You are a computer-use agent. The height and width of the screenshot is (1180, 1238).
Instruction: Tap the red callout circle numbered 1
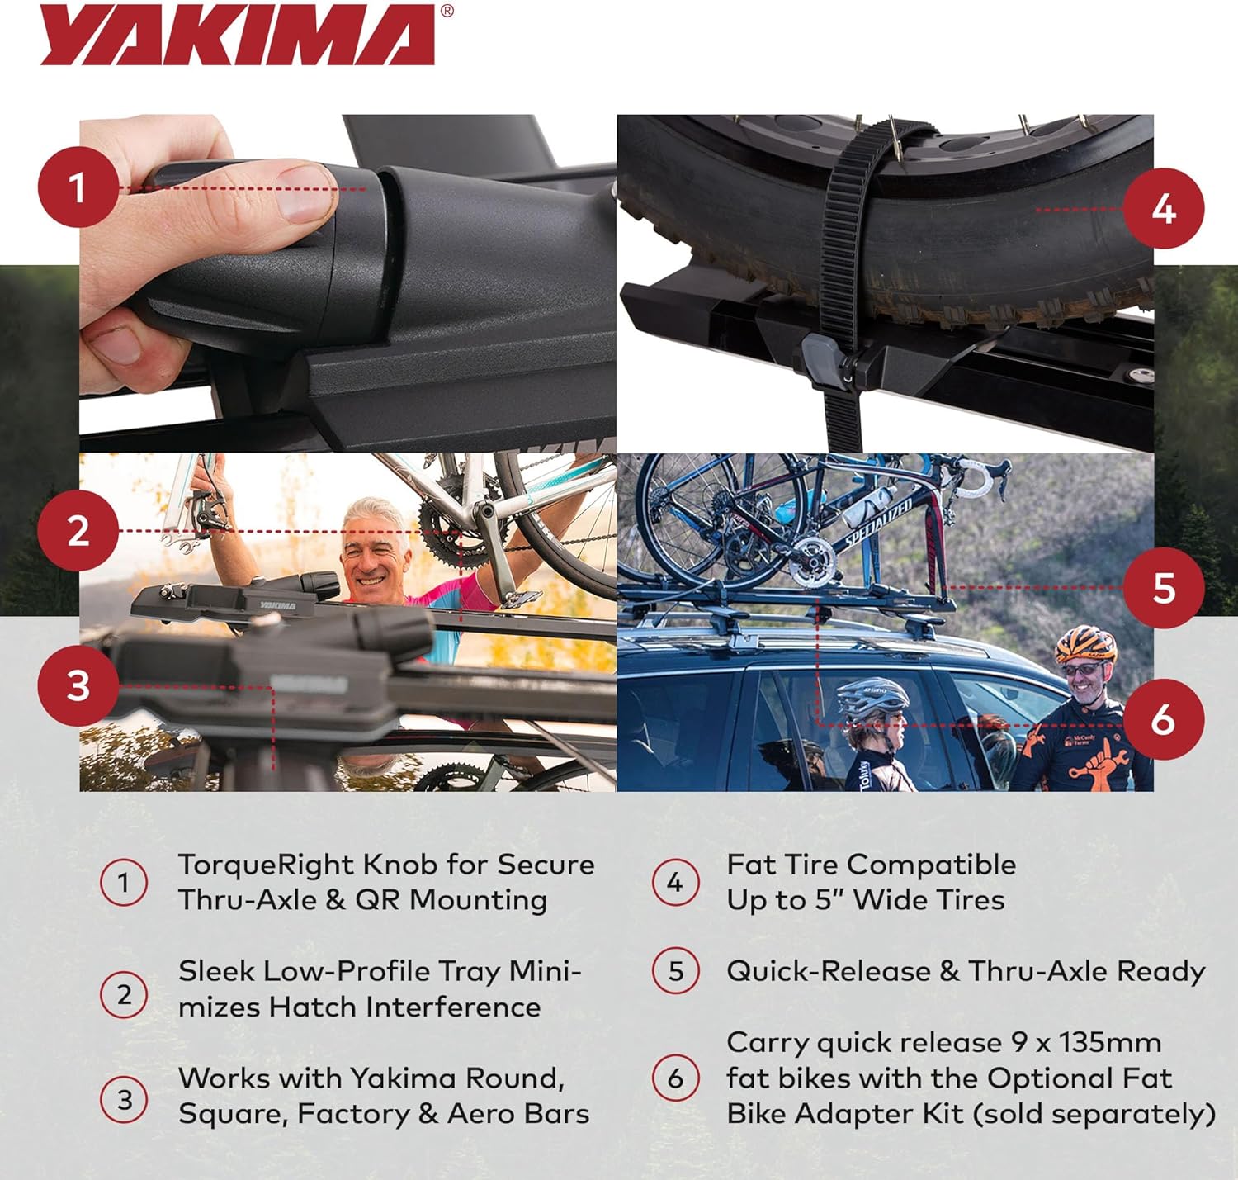coord(78,187)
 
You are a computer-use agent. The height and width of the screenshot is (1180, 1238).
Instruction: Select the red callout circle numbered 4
coord(1164,208)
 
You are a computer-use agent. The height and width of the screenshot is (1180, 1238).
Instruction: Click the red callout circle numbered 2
coord(78,530)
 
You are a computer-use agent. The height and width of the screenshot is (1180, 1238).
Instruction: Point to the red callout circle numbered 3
coord(78,685)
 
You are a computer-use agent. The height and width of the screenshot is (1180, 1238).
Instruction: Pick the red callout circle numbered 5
coord(1164,588)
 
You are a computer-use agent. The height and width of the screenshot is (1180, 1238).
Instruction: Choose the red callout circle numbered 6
coord(1164,719)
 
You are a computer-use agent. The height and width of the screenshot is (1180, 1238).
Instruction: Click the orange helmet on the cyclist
coord(1085,643)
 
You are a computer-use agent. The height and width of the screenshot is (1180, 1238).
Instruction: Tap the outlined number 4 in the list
coord(675,882)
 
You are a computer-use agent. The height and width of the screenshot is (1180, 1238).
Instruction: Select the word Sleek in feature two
coord(216,971)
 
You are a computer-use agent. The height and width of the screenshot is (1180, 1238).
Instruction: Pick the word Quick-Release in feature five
coord(828,971)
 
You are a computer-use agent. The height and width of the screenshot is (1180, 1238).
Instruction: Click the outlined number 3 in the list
coord(124,1099)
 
